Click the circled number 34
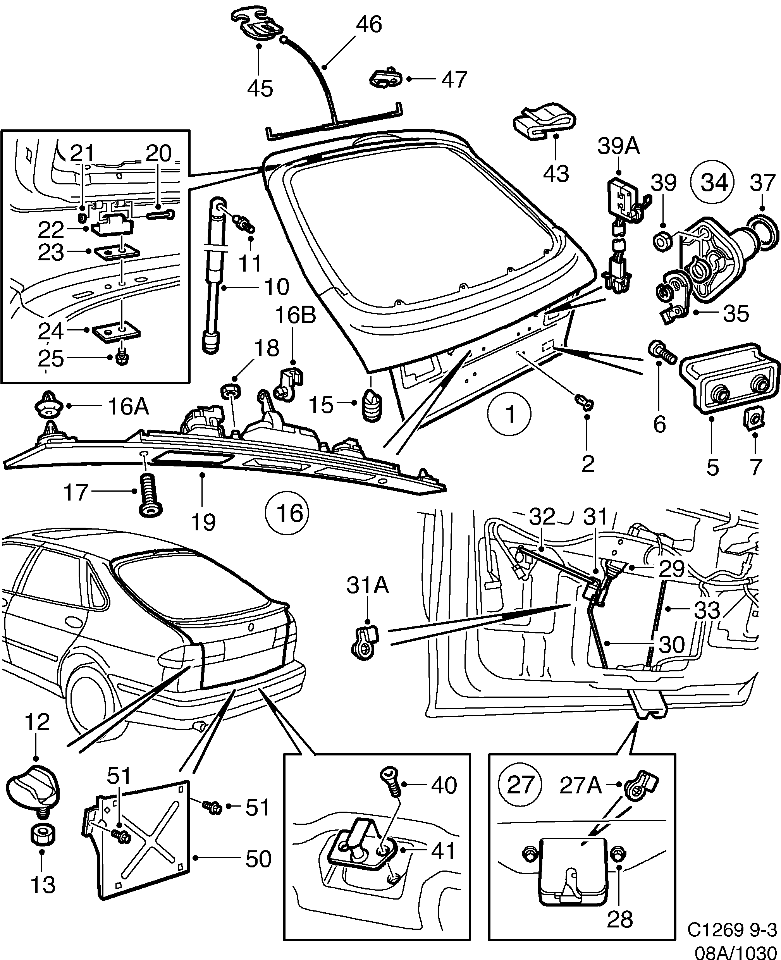714,183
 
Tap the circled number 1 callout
510,414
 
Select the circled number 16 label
287,513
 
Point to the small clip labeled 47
385,78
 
